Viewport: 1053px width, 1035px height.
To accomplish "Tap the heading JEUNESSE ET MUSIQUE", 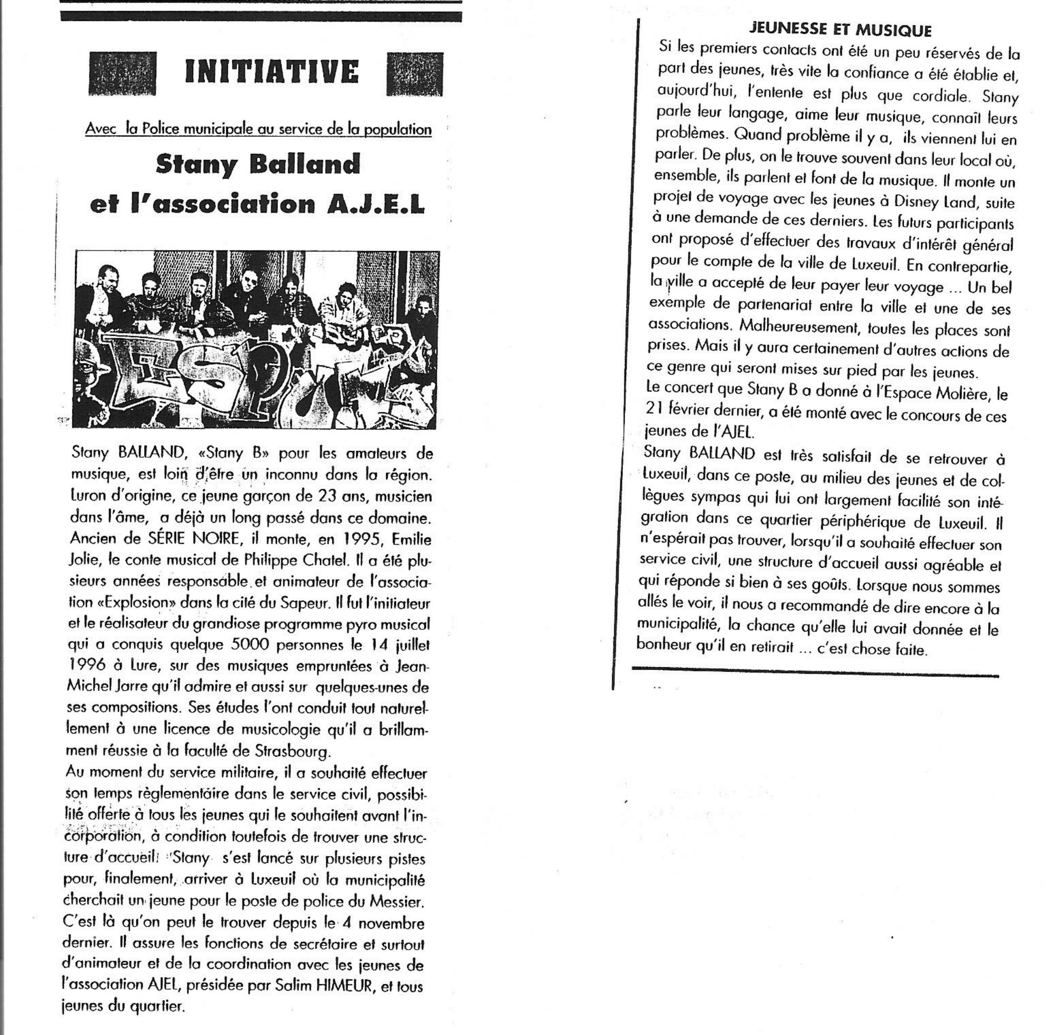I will coord(840,30).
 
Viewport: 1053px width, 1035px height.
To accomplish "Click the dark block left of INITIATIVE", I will coord(122,73).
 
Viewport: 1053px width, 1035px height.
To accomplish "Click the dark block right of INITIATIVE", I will coord(414,75).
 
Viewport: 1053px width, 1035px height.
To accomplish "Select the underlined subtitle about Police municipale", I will coord(258,129).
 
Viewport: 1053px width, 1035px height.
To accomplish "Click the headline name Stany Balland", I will coord(258,164).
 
